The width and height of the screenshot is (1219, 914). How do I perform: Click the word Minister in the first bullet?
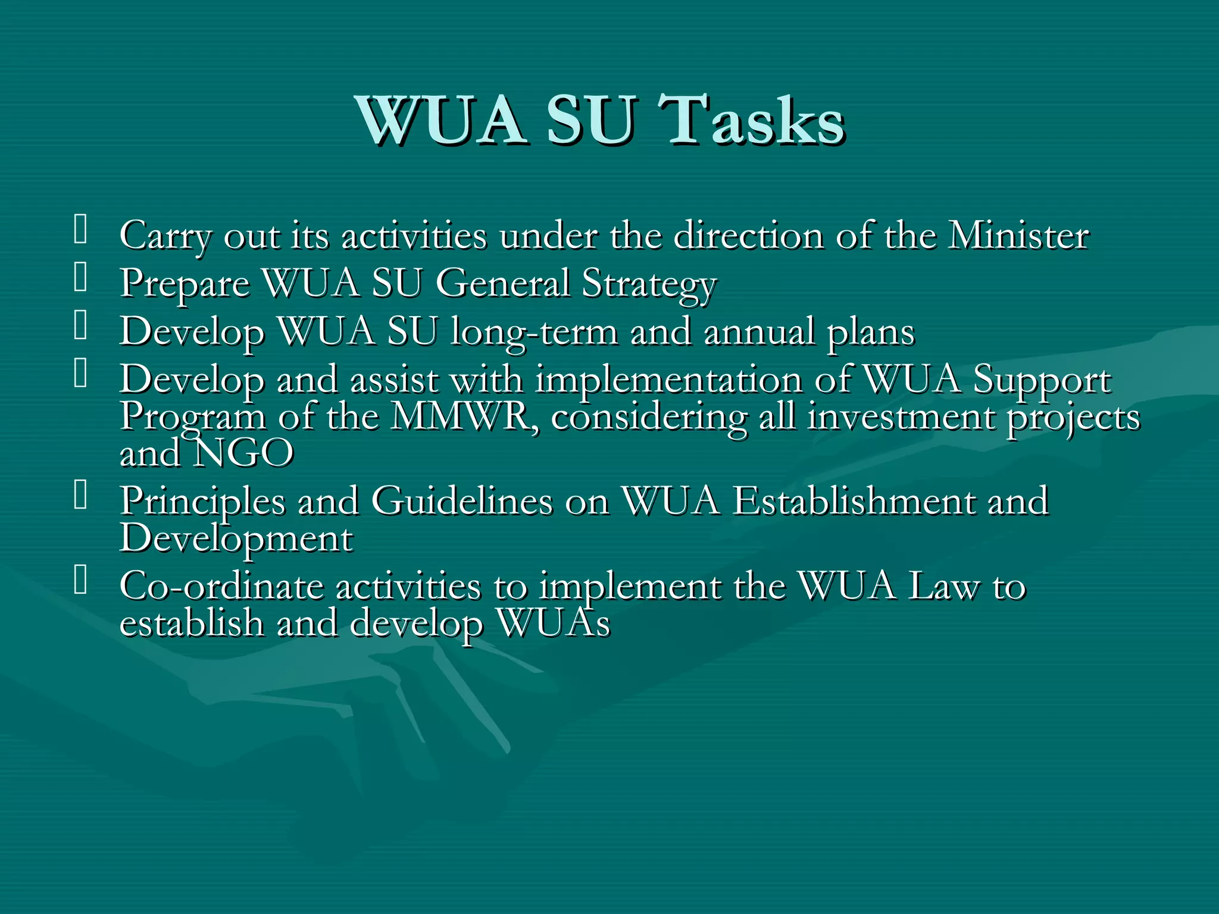(x=1018, y=236)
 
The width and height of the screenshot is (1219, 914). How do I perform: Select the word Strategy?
(x=649, y=284)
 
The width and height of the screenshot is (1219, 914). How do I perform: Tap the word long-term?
(x=534, y=332)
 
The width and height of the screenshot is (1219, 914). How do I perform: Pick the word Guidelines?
(x=462, y=501)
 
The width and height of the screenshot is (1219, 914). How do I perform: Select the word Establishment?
(x=852, y=501)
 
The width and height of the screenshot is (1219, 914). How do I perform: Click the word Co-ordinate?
(x=221, y=587)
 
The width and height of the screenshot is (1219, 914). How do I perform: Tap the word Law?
(x=943, y=587)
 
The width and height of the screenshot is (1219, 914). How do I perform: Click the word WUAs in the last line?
(x=554, y=624)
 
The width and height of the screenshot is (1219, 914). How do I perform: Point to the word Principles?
(x=202, y=501)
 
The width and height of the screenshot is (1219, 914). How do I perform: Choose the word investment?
(x=900, y=417)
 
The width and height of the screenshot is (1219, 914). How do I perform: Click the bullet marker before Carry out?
(x=80, y=230)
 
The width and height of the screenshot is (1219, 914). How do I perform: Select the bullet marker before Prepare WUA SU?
(x=80, y=278)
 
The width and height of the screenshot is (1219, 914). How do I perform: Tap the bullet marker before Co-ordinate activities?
(x=80, y=581)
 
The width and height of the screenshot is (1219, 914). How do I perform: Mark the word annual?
(x=759, y=332)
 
